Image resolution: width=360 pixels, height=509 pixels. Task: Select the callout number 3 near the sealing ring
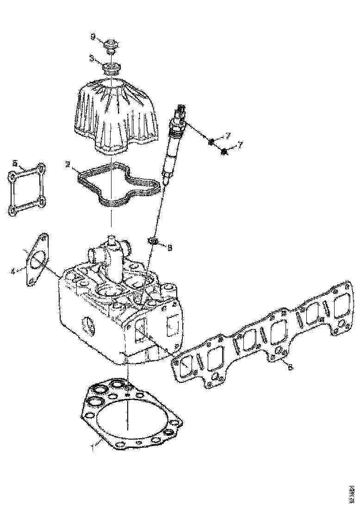click(92, 59)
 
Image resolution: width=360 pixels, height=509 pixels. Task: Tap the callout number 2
click(68, 164)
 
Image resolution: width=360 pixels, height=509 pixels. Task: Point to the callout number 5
click(15, 163)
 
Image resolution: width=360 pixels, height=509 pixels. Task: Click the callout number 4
click(13, 271)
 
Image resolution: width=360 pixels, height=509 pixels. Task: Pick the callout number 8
click(170, 248)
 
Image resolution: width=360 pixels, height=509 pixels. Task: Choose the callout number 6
click(290, 367)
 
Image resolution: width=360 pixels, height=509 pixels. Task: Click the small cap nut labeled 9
click(111, 45)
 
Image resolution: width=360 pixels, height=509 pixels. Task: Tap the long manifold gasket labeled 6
click(259, 333)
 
